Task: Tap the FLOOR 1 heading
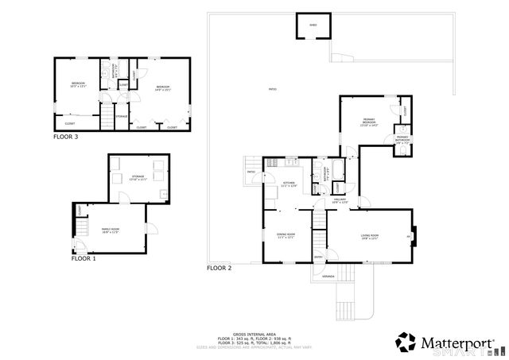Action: [x=84, y=258]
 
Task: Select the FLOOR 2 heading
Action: [x=219, y=269]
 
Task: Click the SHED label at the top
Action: [x=313, y=25]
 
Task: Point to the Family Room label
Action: [x=110, y=230]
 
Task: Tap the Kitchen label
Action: [x=289, y=184]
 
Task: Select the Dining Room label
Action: [x=286, y=235]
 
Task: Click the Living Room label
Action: [x=369, y=236]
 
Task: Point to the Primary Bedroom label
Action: [x=368, y=123]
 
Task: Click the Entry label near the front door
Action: [x=319, y=257]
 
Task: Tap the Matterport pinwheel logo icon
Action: [x=406, y=343]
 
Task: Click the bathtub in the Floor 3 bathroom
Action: [x=105, y=79]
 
